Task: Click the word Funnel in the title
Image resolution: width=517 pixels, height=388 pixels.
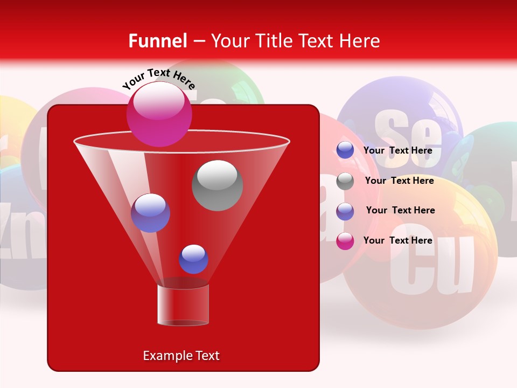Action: click(x=157, y=41)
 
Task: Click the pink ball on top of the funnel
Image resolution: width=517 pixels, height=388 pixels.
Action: click(x=159, y=114)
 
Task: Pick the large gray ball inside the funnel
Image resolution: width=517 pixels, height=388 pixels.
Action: click(x=217, y=185)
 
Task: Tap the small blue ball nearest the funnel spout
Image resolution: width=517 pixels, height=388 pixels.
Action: click(x=193, y=259)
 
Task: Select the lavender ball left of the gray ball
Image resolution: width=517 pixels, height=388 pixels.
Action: click(x=150, y=213)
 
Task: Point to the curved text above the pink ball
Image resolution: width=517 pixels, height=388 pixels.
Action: click(x=159, y=79)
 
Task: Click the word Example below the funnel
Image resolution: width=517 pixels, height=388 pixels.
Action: click(x=164, y=356)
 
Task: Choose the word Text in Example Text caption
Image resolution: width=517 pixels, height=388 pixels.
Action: click(x=207, y=356)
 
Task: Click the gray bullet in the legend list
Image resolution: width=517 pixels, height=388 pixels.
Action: click(x=345, y=182)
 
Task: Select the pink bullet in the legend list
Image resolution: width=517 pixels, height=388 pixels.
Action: click(x=345, y=241)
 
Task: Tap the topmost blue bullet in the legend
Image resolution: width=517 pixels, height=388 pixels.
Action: click(x=345, y=150)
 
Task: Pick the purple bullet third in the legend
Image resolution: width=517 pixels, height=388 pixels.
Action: click(x=345, y=211)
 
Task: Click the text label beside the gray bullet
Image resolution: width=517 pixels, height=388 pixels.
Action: click(x=399, y=181)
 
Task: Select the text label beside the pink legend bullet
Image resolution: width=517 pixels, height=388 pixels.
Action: click(x=398, y=240)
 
